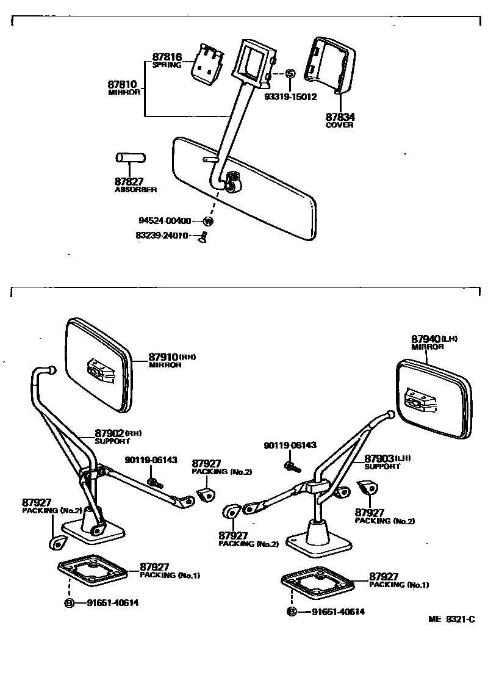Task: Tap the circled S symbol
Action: [290, 74]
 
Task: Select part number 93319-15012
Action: [290, 96]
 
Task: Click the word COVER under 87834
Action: [339, 125]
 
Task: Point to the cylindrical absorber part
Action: [131, 158]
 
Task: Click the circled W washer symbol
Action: [209, 221]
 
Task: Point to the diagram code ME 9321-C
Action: [451, 619]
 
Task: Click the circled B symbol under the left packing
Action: [70, 603]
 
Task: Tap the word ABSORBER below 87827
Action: [136, 190]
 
